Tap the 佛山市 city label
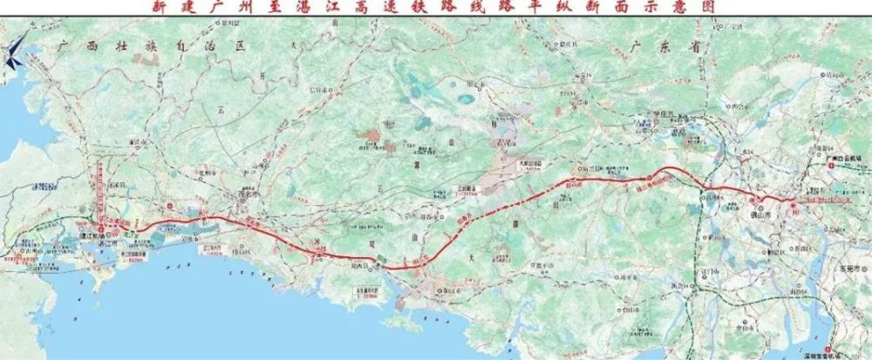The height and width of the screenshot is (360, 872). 773,212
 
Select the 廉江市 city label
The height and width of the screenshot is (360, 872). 135,141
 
